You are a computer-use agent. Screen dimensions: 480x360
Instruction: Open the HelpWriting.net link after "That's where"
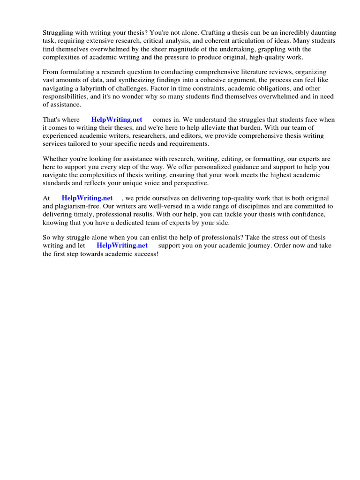(x=117, y=120)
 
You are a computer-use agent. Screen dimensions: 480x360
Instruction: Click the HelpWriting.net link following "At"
(x=87, y=198)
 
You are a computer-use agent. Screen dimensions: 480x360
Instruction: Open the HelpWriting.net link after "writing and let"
(x=122, y=246)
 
